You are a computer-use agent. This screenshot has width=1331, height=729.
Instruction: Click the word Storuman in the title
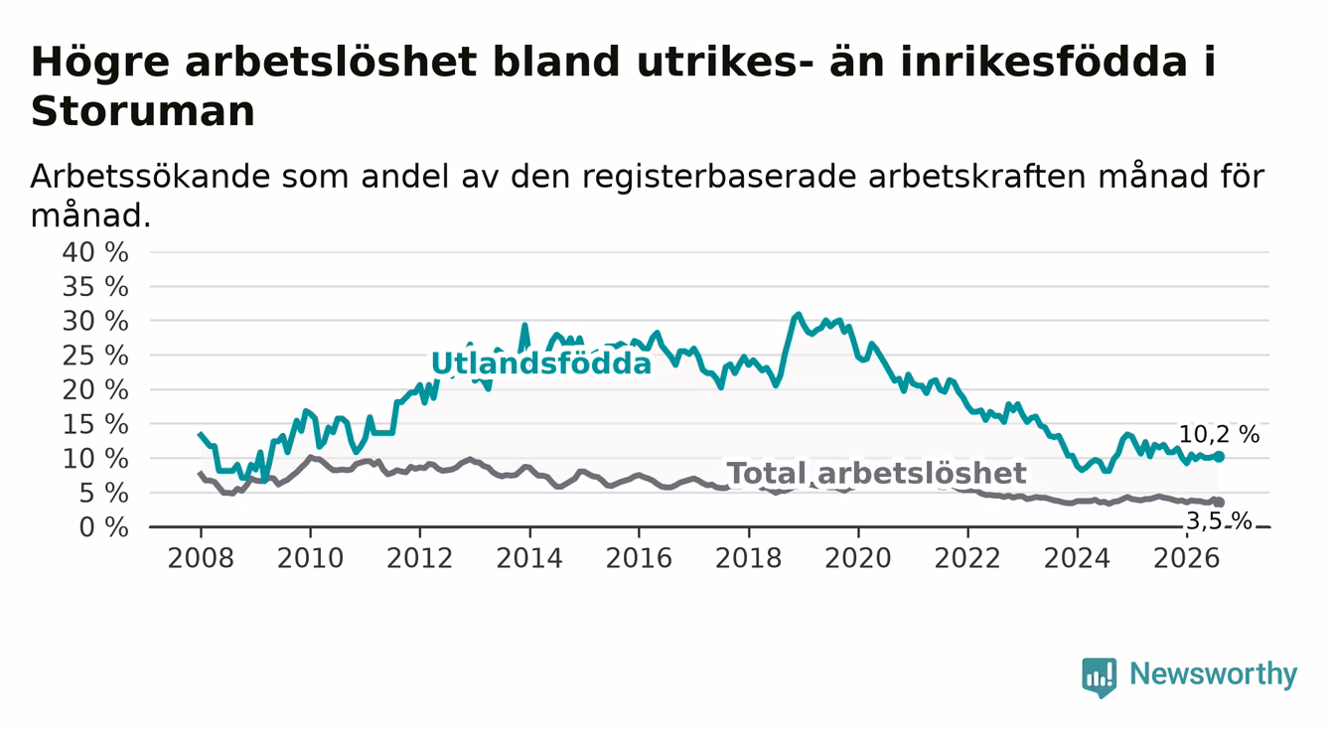click(x=143, y=111)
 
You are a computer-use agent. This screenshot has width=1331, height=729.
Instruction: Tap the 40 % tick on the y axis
click(x=95, y=252)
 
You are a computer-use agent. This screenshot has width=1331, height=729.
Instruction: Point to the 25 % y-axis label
click(x=95, y=356)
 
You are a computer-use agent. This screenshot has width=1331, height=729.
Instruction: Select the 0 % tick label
click(x=103, y=527)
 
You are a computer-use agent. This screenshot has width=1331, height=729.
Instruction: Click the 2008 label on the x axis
click(x=201, y=559)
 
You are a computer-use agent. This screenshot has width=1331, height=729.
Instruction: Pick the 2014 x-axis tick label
click(x=529, y=559)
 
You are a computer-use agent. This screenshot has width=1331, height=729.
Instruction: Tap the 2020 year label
click(x=858, y=559)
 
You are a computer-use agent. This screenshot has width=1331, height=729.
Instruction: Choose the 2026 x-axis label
click(x=1187, y=559)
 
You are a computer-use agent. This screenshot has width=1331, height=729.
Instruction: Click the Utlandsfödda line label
click(x=541, y=364)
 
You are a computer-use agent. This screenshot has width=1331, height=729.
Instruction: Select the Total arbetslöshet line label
click(x=877, y=474)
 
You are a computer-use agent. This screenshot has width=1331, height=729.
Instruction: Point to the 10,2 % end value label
click(x=1219, y=435)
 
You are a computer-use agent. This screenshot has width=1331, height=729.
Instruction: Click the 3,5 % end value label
click(x=1220, y=521)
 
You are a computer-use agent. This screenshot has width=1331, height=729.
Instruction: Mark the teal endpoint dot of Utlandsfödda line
click(x=1220, y=456)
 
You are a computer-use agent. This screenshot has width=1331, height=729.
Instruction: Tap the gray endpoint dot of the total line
click(x=1220, y=503)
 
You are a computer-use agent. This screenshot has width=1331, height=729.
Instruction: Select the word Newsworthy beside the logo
click(x=1214, y=674)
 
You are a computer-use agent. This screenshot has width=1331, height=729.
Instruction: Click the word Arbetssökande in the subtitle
click(x=150, y=177)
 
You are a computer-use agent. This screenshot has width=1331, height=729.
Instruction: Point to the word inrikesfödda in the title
click(x=1043, y=62)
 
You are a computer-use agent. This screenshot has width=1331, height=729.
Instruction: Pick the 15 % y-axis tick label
click(x=95, y=425)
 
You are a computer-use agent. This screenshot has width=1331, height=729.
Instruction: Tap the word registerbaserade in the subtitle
click(x=718, y=178)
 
